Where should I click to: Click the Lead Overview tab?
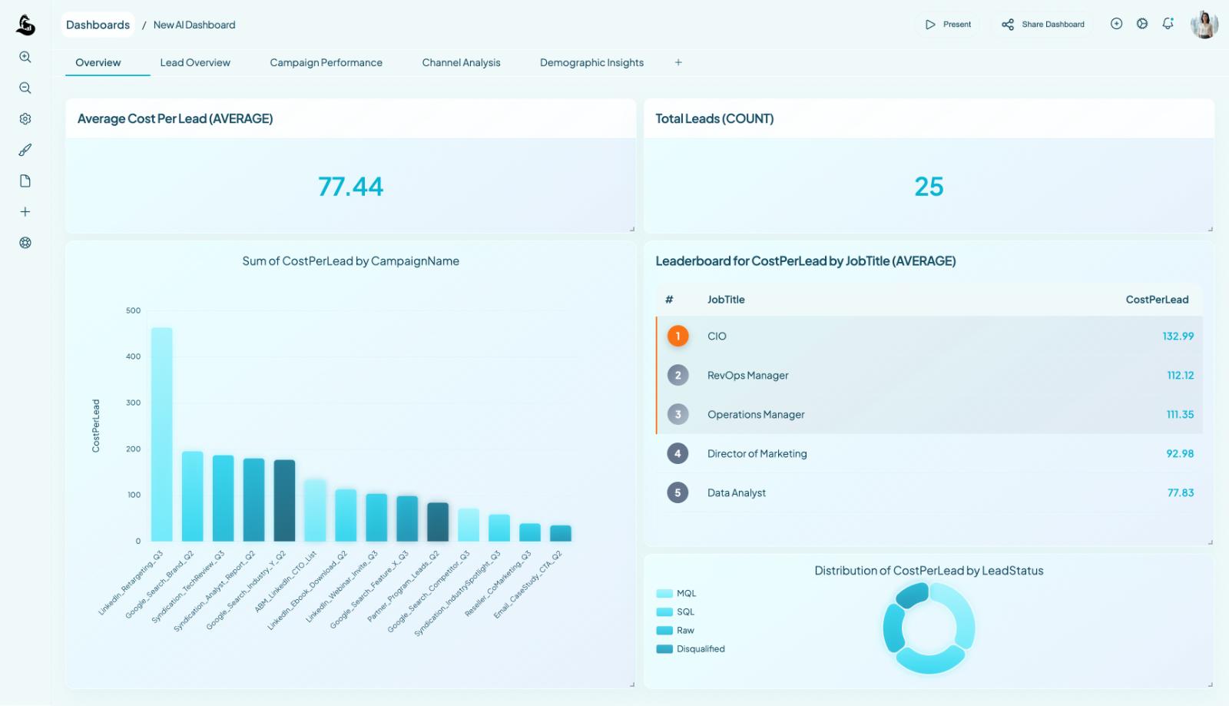[x=195, y=63]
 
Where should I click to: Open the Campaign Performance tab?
[x=326, y=63]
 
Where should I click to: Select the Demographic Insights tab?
[x=591, y=63]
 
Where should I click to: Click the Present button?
[x=948, y=25]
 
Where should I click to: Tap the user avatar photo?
[x=1204, y=25]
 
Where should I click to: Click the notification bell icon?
[x=1168, y=24]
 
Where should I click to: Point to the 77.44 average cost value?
[x=350, y=187]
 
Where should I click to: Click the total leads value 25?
[x=929, y=187]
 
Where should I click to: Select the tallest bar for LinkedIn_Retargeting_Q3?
[x=161, y=434]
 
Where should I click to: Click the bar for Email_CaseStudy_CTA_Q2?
[x=561, y=533]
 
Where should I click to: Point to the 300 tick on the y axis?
[x=134, y=403]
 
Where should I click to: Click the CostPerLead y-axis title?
[x=96, y=426]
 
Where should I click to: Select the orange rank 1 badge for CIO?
[x=677, y=336]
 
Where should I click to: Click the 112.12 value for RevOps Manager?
[x=1180, y=376]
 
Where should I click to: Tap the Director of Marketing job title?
[x=757, y=454]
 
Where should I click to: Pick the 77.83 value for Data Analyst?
[x=1180, y=493]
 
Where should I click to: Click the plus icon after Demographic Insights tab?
[x=678, y=63]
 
